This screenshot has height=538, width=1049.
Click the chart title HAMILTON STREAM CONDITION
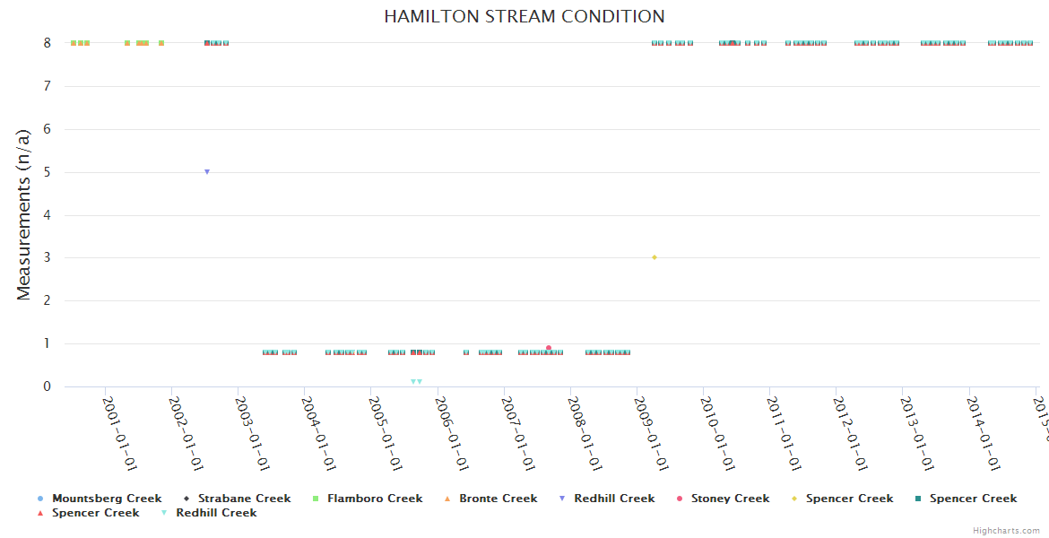click(524, 16)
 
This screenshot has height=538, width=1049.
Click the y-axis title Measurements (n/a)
click(24, 213)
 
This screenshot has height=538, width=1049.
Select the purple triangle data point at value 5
click(207, 171)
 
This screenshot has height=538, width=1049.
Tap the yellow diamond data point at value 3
click(655, 257)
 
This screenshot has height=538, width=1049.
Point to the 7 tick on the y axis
click(47, 86)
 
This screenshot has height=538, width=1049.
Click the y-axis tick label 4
click(47, 215)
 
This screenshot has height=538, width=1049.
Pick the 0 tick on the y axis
click(47, 386)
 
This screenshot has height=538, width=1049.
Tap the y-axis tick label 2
click(47, 301)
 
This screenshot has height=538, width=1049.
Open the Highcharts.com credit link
click(1006, 531)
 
